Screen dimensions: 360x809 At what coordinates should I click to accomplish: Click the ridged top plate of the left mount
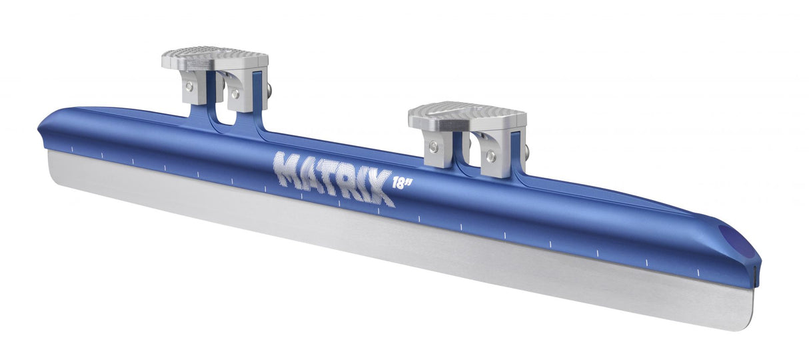coord(215,57)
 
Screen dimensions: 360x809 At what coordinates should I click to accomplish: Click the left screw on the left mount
coord(190,86)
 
